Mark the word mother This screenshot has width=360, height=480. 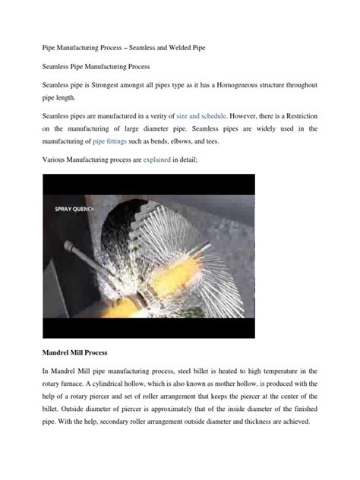[x=251, y=384]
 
